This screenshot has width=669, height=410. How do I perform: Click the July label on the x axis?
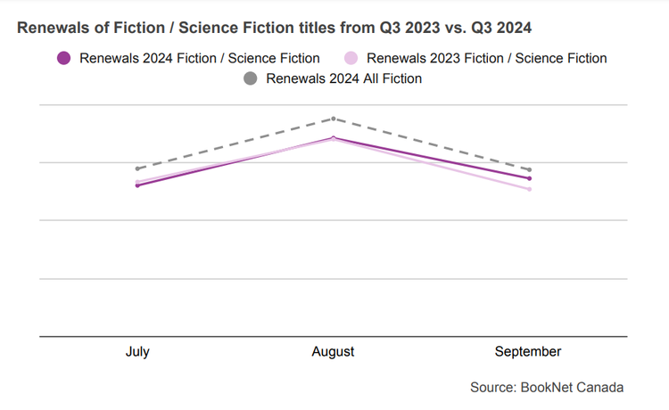coord(137,352)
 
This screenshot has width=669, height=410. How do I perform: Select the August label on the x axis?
coord(333,352)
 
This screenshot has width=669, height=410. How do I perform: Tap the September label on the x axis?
coord(528,352)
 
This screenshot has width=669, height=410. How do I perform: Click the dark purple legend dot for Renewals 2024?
coord(63,59)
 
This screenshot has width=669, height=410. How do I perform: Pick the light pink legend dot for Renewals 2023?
coord(351,59)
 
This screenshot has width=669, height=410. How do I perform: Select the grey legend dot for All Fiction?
coord(250,79)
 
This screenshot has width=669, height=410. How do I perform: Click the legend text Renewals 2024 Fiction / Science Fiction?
coord(200,59)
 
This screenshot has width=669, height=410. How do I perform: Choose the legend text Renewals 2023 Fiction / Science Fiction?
coord(487,59)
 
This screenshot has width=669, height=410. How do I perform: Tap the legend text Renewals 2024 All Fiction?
coord(344,79)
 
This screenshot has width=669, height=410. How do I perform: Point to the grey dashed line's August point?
coord(334,119)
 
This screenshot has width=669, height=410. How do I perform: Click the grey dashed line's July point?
coord(137,168)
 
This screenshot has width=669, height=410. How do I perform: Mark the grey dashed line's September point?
coord(530,169)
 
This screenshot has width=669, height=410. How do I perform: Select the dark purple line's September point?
coord(530,178)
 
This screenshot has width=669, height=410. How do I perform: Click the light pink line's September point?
coord(530,189)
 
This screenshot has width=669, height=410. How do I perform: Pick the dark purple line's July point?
coord(137,185)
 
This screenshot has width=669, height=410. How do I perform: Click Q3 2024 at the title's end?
coord(502,29)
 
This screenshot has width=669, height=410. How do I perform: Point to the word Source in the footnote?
coord(492,388)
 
